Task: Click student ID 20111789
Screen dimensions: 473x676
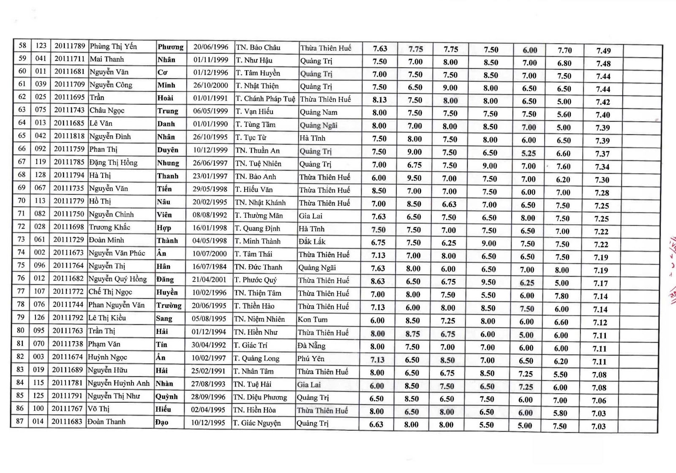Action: tap(70, 46)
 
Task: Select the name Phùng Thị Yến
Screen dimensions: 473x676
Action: tap(113, 46)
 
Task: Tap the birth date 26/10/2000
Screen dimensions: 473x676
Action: tap(210, 85)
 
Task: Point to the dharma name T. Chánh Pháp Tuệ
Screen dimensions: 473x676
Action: tap(265, 99)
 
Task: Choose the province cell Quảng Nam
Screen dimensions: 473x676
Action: tap(319, 112)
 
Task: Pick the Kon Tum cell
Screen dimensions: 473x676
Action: tap(313, 320)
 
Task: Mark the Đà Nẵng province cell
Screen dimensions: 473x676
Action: tap(311, 346)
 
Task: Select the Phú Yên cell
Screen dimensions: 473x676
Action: tap(311, 359)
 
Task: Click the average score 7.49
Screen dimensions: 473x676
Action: tap(603, 51)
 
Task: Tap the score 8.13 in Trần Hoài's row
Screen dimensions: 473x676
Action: tap(379, 100)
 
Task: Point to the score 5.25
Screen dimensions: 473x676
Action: tap(529, 153)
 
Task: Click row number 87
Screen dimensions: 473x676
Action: tap(20, 421)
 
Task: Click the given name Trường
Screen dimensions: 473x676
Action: tap(169, 306)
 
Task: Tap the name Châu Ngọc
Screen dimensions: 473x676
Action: tap(107, 110)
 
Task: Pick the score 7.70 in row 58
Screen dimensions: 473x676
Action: tap(564, 50)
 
